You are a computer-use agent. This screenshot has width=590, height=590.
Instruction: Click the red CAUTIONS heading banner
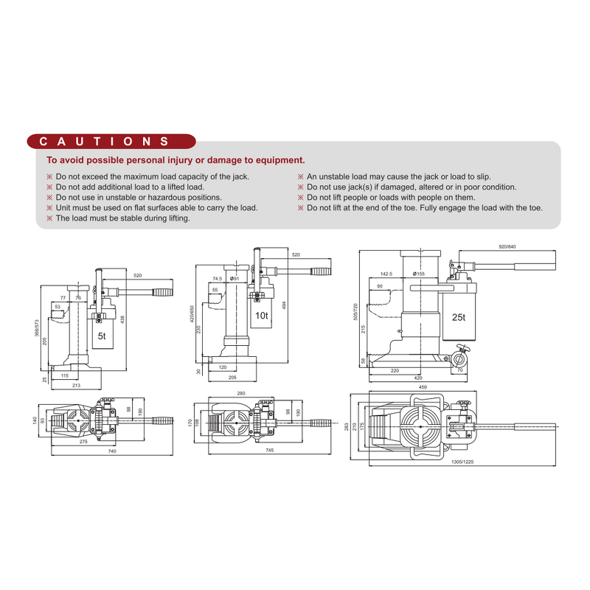click(x=111, y=141)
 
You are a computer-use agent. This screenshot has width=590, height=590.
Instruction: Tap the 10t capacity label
click(x=261, y=315)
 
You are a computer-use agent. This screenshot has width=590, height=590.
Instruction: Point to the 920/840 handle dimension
click(x=508, y=246)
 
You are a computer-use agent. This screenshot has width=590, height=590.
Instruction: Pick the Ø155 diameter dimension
click(x=418, y=274)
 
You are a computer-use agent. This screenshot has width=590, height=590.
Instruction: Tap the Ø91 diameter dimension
click(x=235, y=278)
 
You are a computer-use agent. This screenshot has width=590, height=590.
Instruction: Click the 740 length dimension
click(x=111, y=451)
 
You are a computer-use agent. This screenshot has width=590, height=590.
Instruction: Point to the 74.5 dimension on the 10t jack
click(x=217, y=279)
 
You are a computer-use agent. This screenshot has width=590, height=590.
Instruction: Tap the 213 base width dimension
click(x=77, y=385)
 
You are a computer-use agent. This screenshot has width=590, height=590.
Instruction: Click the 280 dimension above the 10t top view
click(x=240, y=394)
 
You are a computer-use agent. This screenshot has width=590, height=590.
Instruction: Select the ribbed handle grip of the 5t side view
click(x=162, y=293)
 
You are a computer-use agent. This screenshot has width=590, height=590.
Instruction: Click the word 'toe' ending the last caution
click(x=535, y=208)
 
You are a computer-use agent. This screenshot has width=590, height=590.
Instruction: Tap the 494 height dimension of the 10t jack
click(x=283, y=305)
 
